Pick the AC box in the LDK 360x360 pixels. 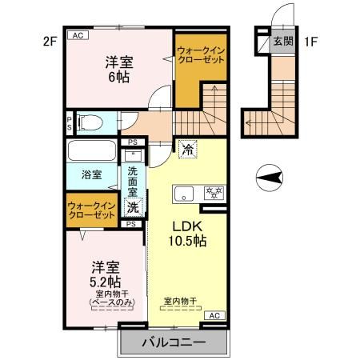(x=214, y=317)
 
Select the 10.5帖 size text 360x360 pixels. (x=188, y=240)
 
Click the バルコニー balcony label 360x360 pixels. (x=173, y=343)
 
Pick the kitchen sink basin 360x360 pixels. (x=186, y=193)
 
